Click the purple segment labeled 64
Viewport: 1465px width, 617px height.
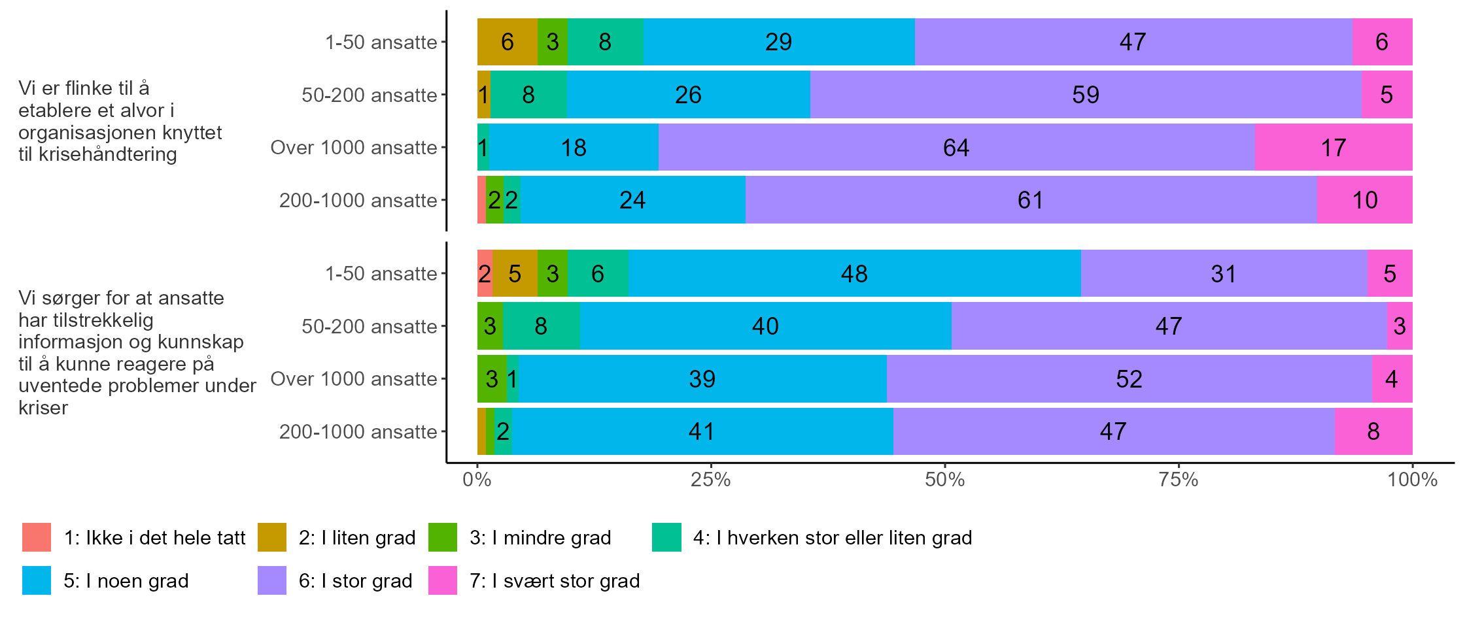point(956,148)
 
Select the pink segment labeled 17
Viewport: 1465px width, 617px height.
point(1334,148)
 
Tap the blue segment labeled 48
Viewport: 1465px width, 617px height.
point(854,274)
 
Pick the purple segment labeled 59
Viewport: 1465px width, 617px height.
point(1086,95)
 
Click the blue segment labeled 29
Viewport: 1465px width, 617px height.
point(778,42)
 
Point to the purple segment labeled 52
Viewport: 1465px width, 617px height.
point(1129,379)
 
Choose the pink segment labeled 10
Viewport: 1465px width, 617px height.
point(1364,200)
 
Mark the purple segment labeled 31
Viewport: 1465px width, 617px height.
point(1224,274)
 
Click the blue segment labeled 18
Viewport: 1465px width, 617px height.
point(574,148)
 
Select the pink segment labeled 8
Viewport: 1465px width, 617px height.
point(1373,431)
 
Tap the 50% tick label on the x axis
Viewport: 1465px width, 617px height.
point(944,480)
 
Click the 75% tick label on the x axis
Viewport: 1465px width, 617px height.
point(1179,480)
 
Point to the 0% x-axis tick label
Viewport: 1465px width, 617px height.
point(477,480)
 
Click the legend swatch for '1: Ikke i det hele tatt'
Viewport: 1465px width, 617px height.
point(37,537)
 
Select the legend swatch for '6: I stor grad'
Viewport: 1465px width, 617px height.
point(272,580)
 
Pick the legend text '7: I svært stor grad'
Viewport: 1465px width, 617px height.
point(555,580)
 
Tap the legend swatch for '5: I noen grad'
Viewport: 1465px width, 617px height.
point(37,580)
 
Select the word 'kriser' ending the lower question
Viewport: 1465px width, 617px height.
point(43,408)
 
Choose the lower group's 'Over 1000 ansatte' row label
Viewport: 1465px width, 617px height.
point(353,379)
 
